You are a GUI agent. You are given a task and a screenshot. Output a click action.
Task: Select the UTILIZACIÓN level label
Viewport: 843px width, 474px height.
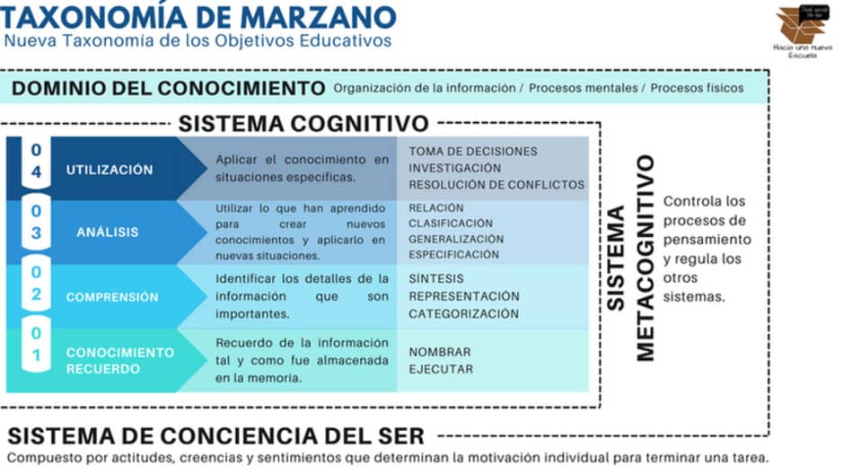(x=110, y=170)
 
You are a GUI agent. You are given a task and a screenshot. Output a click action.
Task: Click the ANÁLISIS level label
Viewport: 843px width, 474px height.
(x=108, y=232)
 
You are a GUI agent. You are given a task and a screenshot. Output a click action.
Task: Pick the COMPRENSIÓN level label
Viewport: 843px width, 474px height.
(x=112, y=296)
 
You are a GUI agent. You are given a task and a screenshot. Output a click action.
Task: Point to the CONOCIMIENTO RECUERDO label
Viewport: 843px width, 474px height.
(x=119, y=360)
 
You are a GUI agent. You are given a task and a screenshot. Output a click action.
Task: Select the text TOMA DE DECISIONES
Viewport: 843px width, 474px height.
(x=473, y=151)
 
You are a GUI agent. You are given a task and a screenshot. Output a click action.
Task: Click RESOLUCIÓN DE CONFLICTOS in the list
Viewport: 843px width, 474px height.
(x=496, y=184)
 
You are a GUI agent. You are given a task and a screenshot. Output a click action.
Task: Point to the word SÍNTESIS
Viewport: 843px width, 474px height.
(x=436, y=279)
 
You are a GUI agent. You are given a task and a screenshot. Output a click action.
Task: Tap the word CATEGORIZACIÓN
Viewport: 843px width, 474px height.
(x=463, y=313)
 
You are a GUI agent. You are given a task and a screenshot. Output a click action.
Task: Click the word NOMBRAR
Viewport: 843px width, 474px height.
(x=440, y=352)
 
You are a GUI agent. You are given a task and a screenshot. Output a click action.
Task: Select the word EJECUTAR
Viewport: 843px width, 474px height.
(x=441, y=369)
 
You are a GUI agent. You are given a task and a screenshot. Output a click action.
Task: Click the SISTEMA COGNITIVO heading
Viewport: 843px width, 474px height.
(x=303, y=123)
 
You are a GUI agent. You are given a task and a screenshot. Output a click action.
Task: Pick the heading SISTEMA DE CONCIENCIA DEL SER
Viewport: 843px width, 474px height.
(x=215, y=436)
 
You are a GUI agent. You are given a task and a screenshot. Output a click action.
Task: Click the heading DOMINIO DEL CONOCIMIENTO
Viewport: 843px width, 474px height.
(x=168, y=88)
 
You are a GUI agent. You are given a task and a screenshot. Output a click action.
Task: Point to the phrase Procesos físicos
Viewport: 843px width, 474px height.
(x=697, y=88)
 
